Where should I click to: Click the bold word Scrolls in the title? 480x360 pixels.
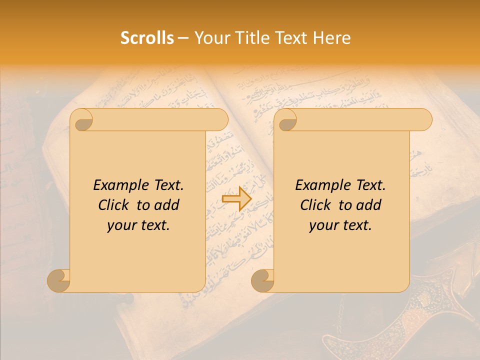point(147,38)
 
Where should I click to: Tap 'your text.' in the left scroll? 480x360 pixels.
point(138,225)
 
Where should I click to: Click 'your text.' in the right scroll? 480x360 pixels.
point(340,225)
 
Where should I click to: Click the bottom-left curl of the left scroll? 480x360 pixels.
point(59,280)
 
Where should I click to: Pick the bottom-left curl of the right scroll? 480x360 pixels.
point(262,280)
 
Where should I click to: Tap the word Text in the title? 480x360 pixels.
point(290,38)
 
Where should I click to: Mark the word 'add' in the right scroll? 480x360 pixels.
point(369,205)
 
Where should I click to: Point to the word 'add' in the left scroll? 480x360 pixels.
point(167,205)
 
